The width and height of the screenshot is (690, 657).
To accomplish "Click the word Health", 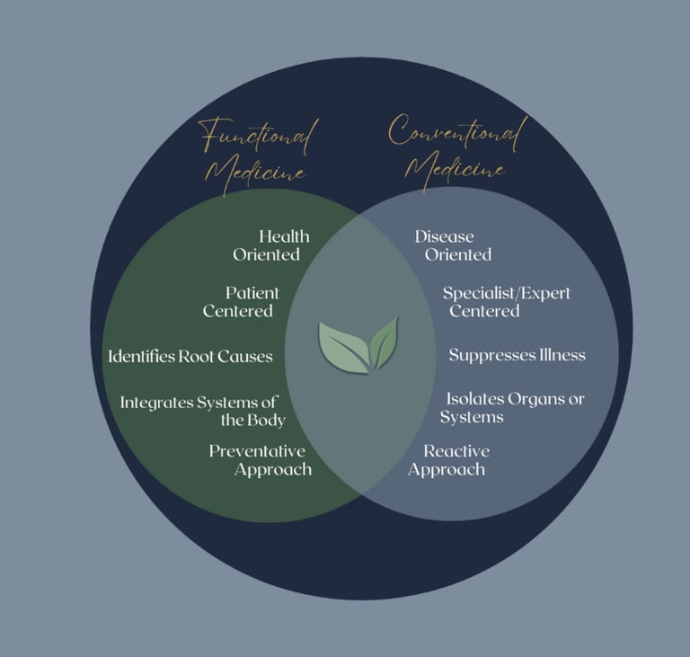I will point(284,236).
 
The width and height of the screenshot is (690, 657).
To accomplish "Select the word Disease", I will point(444,236).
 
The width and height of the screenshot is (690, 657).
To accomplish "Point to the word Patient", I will point(252,293).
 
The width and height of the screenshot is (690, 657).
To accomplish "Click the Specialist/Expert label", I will point(507,293).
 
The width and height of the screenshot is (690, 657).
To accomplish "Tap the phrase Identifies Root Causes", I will point(190,357).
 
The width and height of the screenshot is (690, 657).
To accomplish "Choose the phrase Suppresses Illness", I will point(517,355).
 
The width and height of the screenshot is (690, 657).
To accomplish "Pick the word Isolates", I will point(475,398).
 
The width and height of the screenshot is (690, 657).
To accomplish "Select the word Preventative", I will point(257,451).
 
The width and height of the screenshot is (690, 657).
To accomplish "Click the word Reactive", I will point(456,451).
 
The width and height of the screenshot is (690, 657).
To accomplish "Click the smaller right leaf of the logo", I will point(385,342).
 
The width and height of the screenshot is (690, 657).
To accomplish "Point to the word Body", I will point(267,420).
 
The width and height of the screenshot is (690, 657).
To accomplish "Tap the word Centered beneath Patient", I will point(238,311).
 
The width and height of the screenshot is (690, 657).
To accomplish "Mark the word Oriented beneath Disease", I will point(457,254).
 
